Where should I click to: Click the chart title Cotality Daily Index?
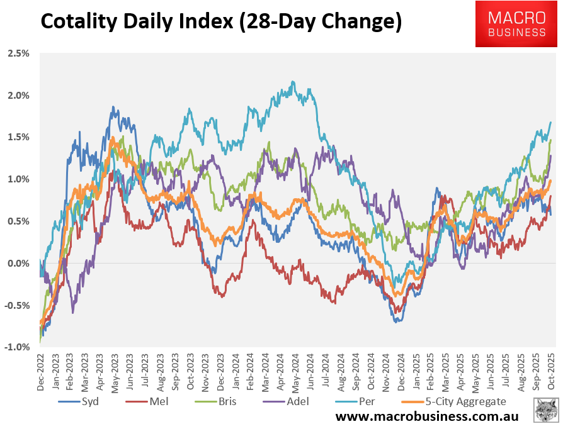(x=220, y=22)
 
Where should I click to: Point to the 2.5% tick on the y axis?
(x=19, y=53)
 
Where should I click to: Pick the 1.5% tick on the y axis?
(x=19, y=137)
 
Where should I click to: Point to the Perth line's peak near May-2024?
(x=293, y=81)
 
